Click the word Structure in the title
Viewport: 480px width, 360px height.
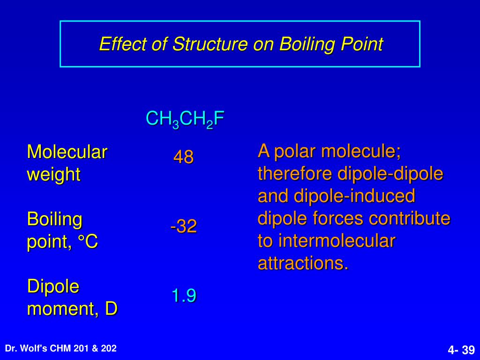pos(210,45)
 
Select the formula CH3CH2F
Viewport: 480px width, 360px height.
pos(185,119)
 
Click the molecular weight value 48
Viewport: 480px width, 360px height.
pos(183,157)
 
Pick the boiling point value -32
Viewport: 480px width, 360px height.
pos(183,227)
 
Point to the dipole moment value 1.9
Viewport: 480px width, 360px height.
pos(183,296)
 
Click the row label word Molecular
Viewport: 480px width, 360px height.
pos(67,152)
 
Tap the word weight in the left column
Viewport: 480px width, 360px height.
pos(53,174)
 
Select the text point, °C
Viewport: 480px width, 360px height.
pos(62,242)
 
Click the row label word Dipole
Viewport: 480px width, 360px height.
pos(53,286)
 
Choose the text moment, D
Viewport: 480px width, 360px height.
pos(72,309)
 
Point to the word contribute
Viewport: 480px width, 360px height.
pos(409,218)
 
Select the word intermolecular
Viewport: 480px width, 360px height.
pos(337,241)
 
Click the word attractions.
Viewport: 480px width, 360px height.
pos(303,263)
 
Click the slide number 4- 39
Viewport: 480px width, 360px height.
pos(461,350)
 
